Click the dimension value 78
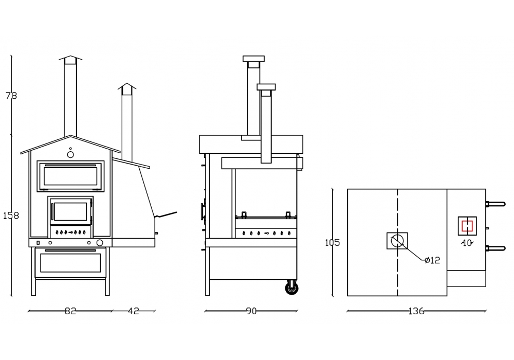click(11, 96)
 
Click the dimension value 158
click(11, 215)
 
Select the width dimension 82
click(70, 311)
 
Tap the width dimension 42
click(133, 311)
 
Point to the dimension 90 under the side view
click(251, 311)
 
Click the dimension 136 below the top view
click(416, 311)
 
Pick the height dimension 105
click(333, 243)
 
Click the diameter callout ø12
click(432, 260)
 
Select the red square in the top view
click(467, 226)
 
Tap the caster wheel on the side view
click(291, 287)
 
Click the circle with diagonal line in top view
click(397, 241)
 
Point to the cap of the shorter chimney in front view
click(127, 88)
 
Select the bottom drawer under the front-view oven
click(70, 262)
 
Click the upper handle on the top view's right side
click(496, 204)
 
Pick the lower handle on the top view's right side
click(496, 248)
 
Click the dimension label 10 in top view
click(467, 243)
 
